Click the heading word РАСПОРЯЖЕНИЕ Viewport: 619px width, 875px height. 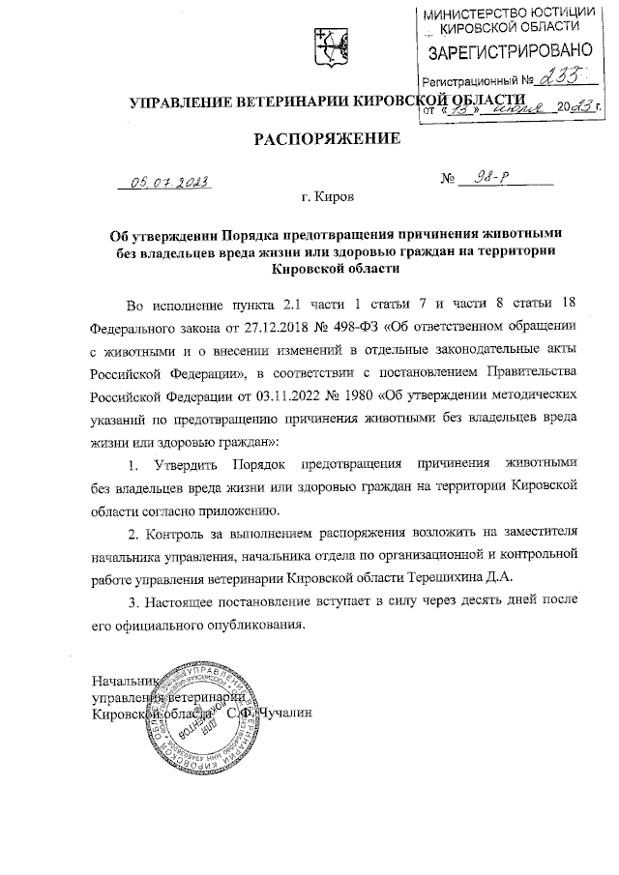click(326, 138)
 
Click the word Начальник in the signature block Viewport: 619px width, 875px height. click(124, 681)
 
